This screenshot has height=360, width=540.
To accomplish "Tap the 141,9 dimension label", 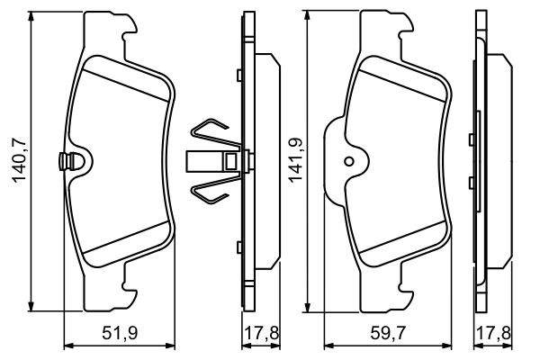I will click(293, 161).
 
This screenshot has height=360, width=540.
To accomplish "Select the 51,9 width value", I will click(119, 334).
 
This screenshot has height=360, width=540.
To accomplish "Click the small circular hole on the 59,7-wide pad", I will click(349, 161).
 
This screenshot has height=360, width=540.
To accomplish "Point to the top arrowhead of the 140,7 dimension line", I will click(33, 18).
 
